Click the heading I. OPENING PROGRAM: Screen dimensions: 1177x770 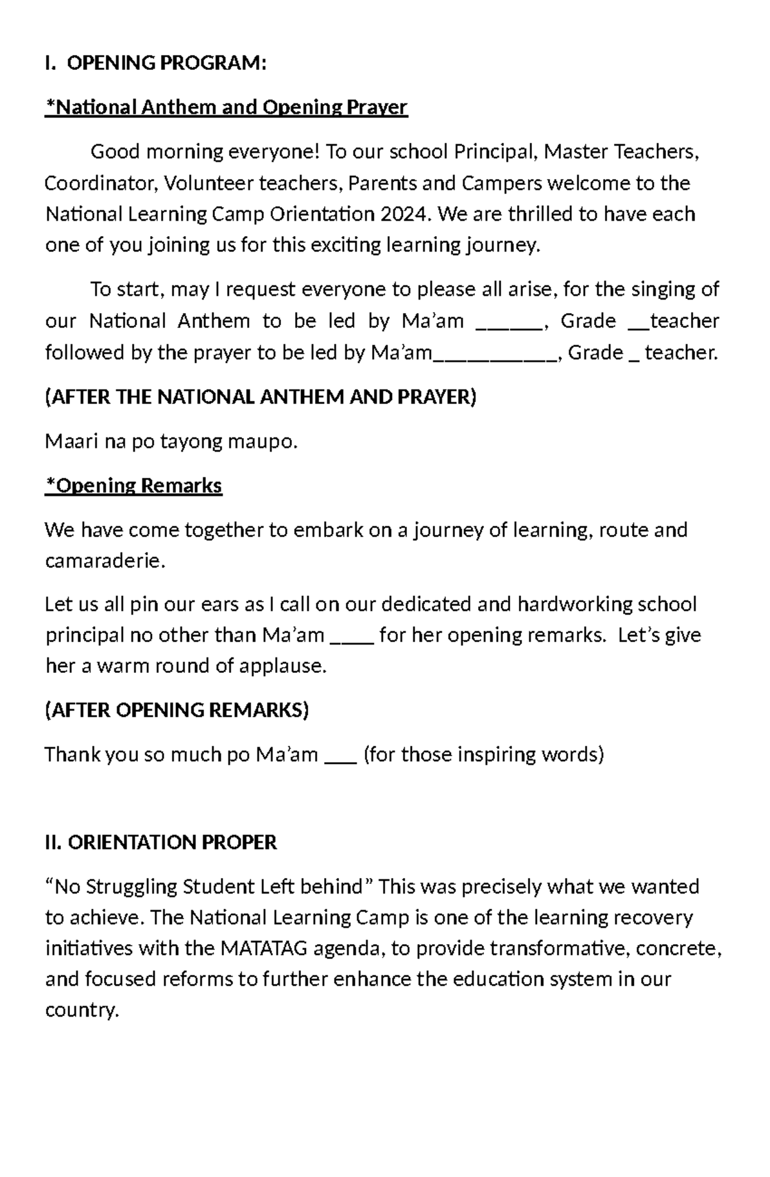[x=155, y=63]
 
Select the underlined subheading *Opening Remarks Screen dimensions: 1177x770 [x=133, y=486]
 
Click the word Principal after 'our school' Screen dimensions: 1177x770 [x=495, y=152]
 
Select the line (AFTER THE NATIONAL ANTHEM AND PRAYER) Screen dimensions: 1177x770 [x=261, y=397]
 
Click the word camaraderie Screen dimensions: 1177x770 [x=105, y=561]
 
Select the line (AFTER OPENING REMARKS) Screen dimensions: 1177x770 [x=177, y=710]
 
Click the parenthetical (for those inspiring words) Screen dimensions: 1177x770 [x=484, y=754]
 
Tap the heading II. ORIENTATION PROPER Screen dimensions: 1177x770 [x=161, y=842]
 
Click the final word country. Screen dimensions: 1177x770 [x=82, y=1010]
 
